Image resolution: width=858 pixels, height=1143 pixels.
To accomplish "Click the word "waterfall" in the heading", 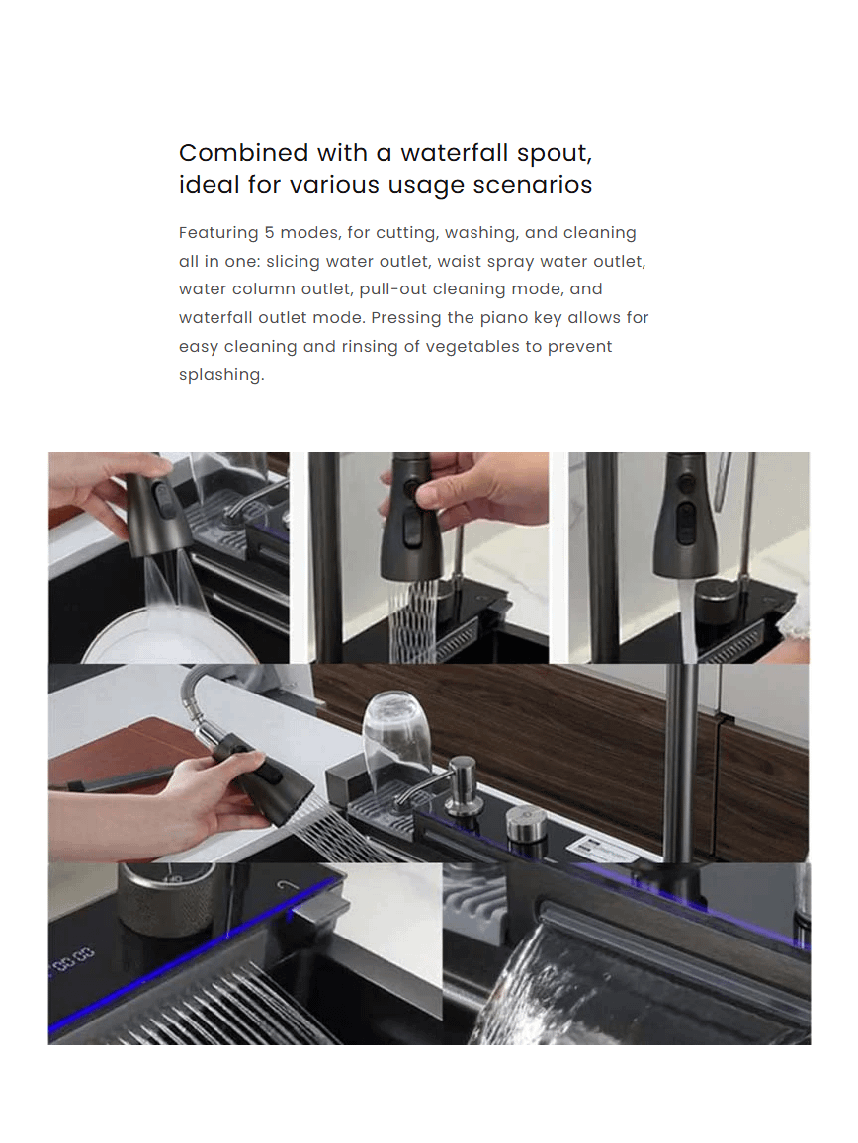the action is [455, 153].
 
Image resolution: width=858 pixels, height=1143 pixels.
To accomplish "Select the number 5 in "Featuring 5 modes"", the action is [269, 232].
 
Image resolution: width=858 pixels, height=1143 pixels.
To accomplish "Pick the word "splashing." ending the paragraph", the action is [221, 375].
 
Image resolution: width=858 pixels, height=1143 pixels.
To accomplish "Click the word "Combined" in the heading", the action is [244, 153].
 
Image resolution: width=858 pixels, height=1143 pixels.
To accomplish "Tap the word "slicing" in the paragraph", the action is [293, 262].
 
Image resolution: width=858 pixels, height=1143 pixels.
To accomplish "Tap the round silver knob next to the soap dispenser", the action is [527, 823].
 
